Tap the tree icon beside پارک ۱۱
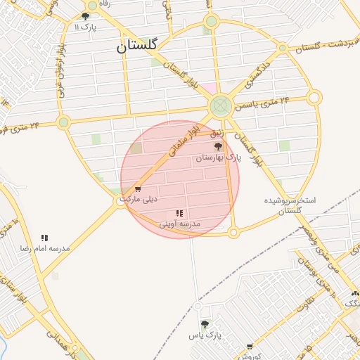(85, 16)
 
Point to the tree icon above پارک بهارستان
(218, 146)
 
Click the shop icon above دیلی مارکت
(137, 188)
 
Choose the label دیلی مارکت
(140, 199)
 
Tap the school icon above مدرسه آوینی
(180, 212)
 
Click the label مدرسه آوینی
(180, 224)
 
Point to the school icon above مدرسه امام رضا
(45, 238)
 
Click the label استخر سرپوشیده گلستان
(290, 205)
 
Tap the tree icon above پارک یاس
(205, 324)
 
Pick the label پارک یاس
(205, 335)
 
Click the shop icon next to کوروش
(250, 347)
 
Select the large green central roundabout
(221, 107)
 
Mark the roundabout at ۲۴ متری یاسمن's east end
(314, 97)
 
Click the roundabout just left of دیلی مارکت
(120, 202)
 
